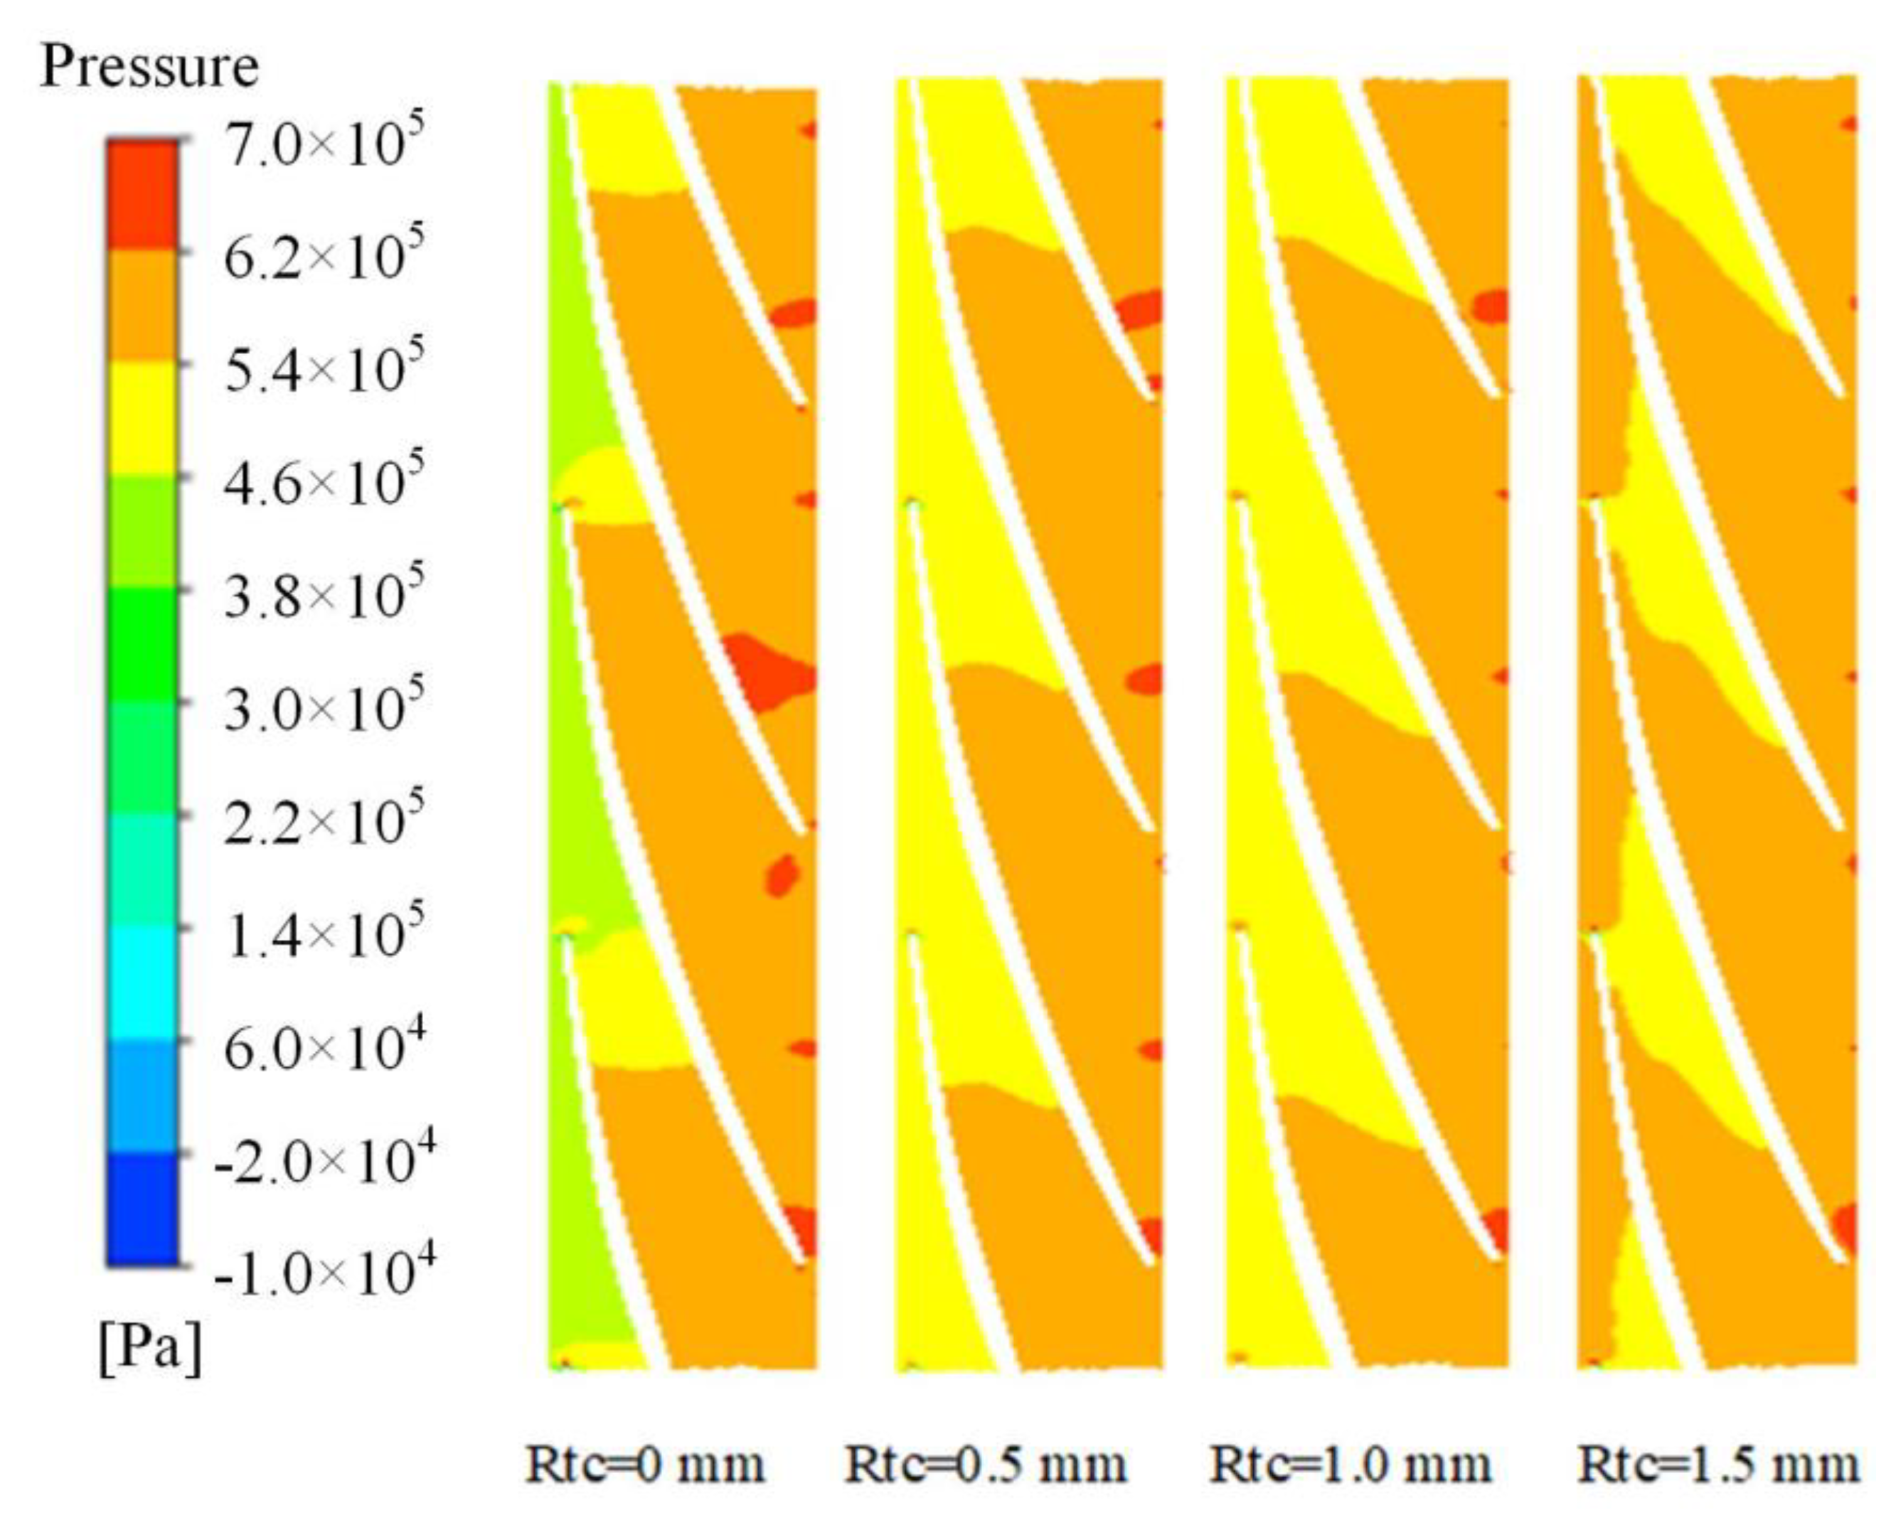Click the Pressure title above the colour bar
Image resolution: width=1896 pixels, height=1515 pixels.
(x=149, y=66)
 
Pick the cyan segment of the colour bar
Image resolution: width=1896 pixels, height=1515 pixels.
(x=142, y=983)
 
